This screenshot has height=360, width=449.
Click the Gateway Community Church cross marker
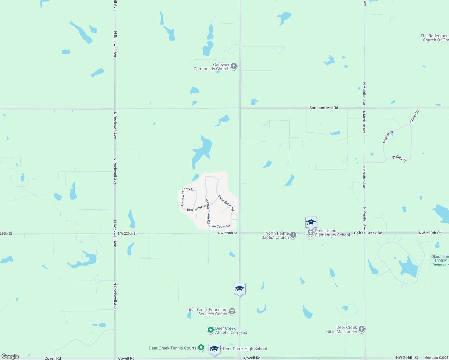234,66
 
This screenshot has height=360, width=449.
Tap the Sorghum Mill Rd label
324,108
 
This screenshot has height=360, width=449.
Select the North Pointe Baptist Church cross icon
293,235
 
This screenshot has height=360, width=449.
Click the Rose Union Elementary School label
332,233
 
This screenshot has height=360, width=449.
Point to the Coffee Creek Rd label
368,233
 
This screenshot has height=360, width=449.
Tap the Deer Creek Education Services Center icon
232,311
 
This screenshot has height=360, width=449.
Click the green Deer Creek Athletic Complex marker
211,330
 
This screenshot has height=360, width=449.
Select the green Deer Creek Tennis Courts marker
201,348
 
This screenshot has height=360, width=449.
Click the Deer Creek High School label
245,349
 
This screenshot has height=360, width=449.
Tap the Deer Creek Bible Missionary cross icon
362,329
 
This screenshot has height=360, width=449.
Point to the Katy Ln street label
189,189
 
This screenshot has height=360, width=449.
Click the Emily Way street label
183,198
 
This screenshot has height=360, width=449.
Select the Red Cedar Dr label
196,208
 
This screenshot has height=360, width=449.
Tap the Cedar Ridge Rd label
225,202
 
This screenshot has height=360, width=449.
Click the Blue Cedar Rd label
220,226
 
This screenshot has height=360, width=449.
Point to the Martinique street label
388,137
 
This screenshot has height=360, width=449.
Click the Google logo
10,356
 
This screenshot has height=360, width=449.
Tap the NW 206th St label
407,358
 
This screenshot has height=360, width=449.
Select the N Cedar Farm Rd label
207,211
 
